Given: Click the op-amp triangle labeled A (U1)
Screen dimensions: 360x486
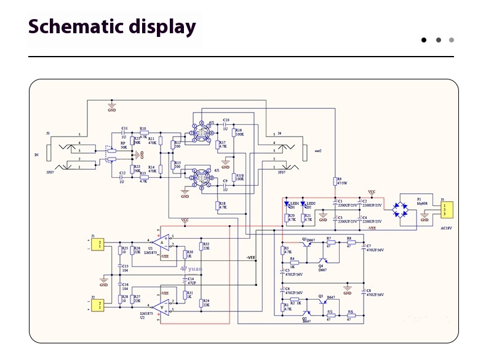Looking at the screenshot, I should [162, 244].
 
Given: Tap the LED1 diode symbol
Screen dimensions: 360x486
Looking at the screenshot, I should [287, 205].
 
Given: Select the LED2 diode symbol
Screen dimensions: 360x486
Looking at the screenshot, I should [303, 205].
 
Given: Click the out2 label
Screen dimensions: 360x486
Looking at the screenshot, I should [318, 151].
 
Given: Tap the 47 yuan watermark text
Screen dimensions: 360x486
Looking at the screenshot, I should [191, 268].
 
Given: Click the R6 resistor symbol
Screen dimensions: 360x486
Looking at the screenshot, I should [351, 317].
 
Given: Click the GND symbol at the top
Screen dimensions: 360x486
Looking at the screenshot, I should [111, 106].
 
